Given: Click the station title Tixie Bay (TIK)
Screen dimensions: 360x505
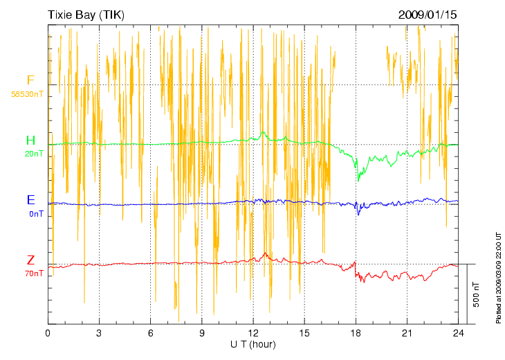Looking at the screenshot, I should pos(86,15).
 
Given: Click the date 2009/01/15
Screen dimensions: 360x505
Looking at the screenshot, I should pos(428,15).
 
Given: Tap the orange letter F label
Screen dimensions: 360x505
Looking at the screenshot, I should pos(30,80).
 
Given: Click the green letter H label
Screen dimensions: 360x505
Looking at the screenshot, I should pos(30,141).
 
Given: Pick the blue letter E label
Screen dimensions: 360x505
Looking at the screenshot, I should pos(30,200).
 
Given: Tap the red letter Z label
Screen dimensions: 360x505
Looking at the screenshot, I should pos(30,260).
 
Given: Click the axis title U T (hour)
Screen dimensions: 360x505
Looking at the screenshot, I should pos(253,344).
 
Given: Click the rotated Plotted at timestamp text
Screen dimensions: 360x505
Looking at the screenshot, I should pos(498,277).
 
